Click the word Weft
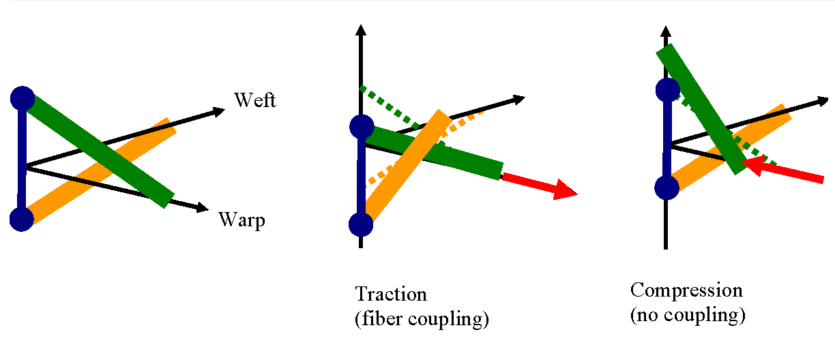[255, 100]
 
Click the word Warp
[241, 220]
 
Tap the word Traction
[391, 295]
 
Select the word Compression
[686, 290]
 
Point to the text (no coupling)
[688, 316]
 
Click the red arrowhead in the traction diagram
[565, 189]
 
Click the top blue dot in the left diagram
[22, 98]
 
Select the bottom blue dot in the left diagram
[22, 220]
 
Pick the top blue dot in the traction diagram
[362, 126]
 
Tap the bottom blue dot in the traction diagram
[362, 224]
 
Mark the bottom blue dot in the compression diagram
[666, 187]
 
